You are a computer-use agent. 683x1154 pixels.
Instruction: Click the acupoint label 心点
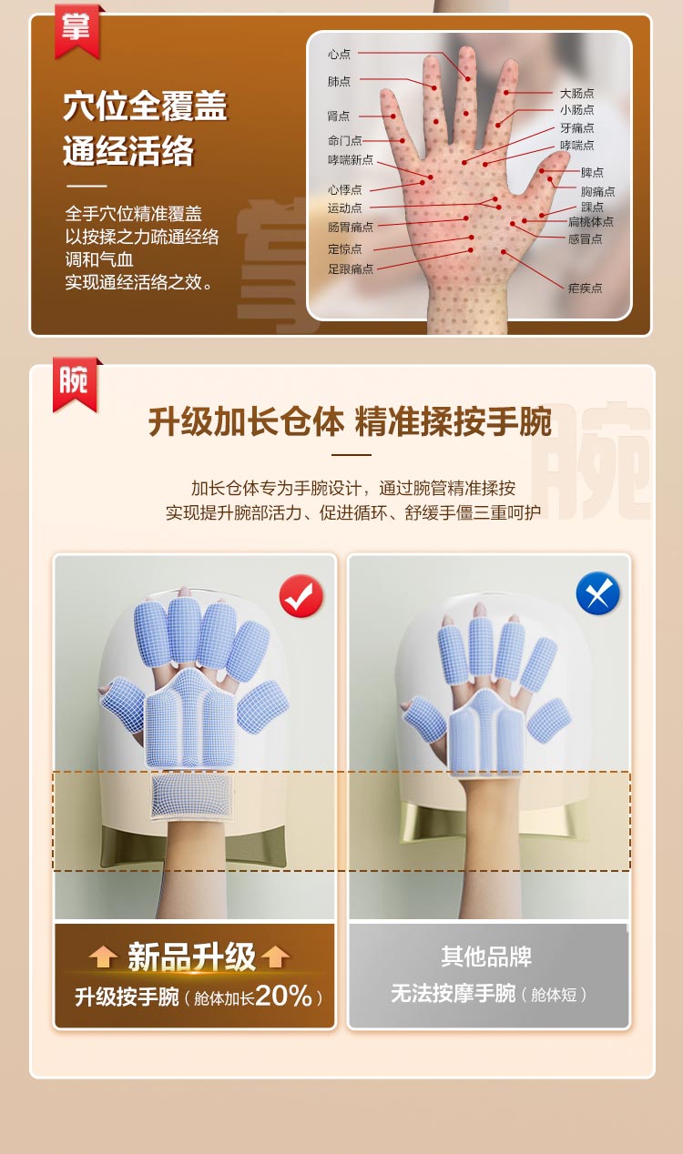(x=339, y=54)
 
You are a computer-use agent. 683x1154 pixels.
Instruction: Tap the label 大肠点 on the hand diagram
(x=576, y=93)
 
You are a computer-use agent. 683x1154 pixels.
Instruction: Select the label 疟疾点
(x=585, y=288)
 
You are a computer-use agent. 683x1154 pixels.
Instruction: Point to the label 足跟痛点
(x=351, y=268)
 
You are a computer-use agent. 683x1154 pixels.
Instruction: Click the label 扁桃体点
(x=591, y=221)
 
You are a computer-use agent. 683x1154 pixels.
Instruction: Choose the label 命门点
(x=344, y=141)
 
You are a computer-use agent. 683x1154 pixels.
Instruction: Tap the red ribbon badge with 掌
(x=76, y=30)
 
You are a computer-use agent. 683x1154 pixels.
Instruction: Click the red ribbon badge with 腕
(x=75, y=384)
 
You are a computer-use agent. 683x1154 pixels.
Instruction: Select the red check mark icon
(x=301, y=595)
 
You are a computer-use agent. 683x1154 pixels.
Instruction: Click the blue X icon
(x=597, y=593)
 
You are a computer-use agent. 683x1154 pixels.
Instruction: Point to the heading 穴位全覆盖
(x=145, y=106)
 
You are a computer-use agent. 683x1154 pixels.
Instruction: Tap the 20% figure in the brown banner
(x=283, y=996)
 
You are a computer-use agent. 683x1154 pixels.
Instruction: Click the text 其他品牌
(x=486, y=957)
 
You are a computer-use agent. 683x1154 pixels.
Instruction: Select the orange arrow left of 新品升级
(x=103, y=957)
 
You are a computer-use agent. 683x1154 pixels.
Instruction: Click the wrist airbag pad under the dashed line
(x=192, y=796)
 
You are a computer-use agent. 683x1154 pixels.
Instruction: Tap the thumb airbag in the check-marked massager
(x=122, y=704)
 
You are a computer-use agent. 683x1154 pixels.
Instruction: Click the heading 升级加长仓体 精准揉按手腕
(x=350, y=422)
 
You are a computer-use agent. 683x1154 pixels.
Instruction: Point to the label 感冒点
(x=585, y=239)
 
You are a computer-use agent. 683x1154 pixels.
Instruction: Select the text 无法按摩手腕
(x=454, y=993)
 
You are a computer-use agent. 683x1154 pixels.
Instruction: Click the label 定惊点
(x=344, y=249)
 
